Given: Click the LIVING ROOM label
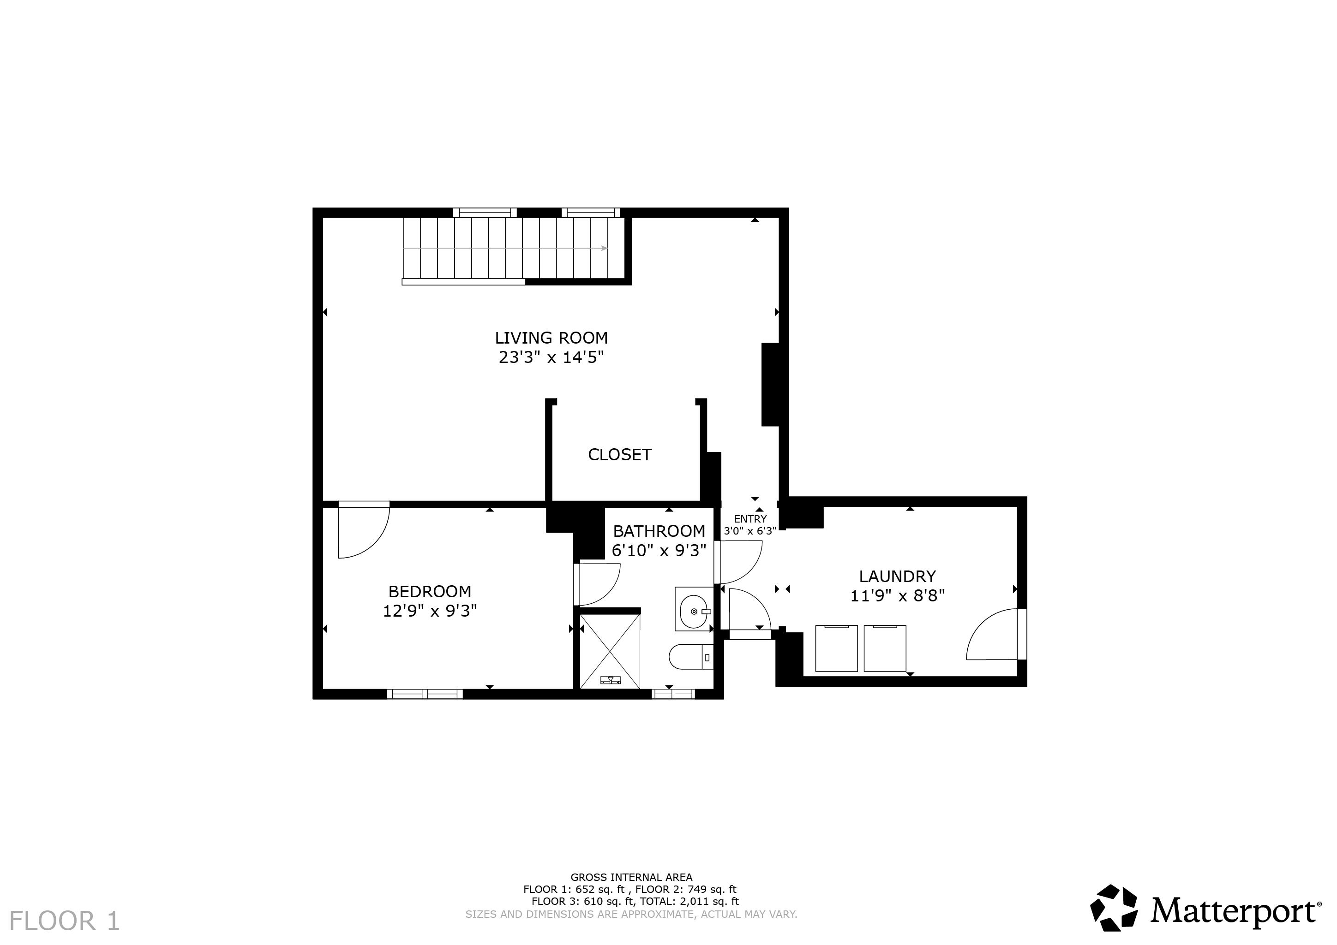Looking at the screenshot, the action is [x=551, y=338].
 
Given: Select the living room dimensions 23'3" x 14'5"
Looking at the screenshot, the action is [x=551, y=357].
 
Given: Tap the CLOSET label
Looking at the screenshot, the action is [x=620, y=454].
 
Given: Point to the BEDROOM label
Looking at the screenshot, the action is [x=430, y=592].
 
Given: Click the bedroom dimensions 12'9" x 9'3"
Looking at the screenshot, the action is [x=430, y=611].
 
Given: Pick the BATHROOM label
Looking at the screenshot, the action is [x=659, y=531].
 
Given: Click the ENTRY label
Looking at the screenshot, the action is [x=750, y=519].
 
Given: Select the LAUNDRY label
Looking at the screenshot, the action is [x=897, y=576].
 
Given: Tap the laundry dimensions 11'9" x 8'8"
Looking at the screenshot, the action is [x=897, y=596].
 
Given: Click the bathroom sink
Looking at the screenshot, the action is [x=693, y=609].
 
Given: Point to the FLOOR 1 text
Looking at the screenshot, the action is [x=65, y=921].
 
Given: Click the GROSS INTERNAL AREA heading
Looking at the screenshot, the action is [x=631, y=877].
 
